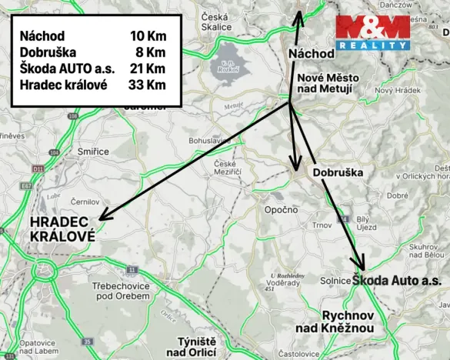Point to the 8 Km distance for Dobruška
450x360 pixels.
[152, 52]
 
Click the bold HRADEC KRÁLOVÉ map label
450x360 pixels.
[62, 229]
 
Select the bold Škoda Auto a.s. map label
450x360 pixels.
[397, 281]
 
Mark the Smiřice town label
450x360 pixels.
[93, 152]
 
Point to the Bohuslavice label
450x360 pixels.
[208, 142]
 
